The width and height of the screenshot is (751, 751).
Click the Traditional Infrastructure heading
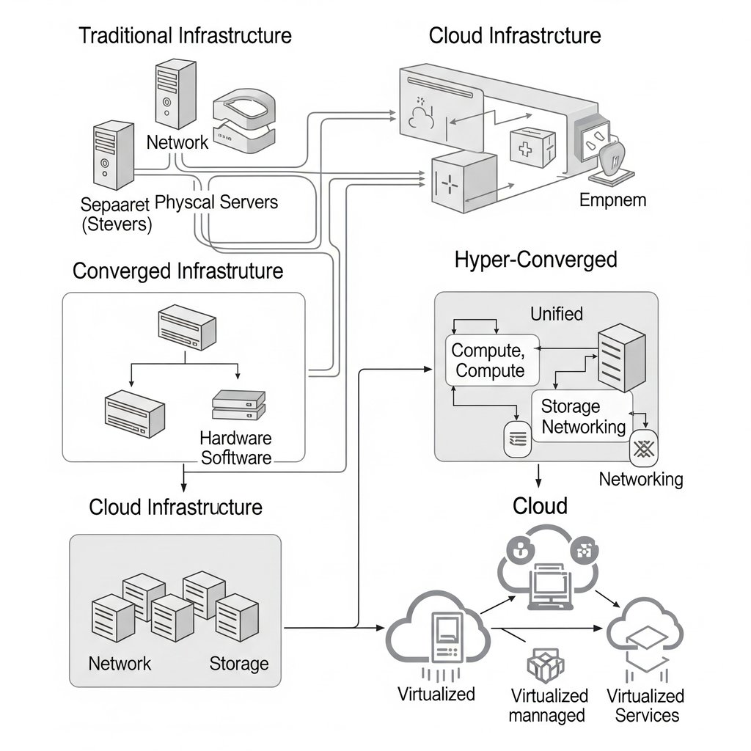[185, 35]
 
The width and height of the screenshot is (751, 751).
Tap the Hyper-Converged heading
[535, 259]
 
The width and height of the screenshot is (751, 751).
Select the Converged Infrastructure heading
[177, 271]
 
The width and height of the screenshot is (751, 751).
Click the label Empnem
[612, 199]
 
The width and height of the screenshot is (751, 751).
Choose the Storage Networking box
[582, 416]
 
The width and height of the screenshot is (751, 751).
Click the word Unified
[556, 314]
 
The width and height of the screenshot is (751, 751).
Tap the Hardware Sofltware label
[235, 448]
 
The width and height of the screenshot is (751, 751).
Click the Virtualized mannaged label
[549, 705]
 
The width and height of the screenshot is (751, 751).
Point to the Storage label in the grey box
[239, 664]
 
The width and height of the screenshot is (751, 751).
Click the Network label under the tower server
[177, 142]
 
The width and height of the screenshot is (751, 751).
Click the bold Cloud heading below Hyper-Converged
[540, 506]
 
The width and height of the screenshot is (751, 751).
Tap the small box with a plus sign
[525, 149]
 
